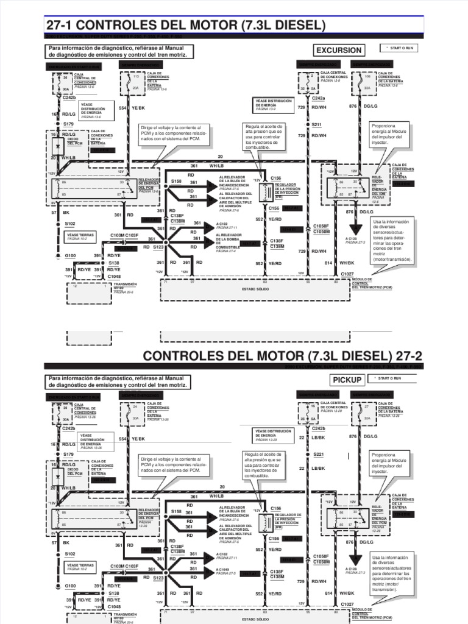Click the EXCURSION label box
tap(338, 50)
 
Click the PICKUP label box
tap(347, 380)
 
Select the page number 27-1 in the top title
tap(60, 25)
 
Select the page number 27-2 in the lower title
tap(406, 355)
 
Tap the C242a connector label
tap(319, 98)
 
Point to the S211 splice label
tap(316, 124)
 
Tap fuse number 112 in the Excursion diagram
tap(136, 77)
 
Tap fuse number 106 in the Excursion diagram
tap(367, 77)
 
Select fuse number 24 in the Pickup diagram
tap(135, 406)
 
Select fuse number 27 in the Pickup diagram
tap(367, 406)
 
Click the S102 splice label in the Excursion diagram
tap(70, 224)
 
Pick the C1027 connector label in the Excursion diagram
tap(347, 275)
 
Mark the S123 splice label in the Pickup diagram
tap(158, 576)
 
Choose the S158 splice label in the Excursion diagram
tap(176, 181)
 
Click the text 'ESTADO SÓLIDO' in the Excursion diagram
tap(255, 289)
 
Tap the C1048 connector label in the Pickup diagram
tap(114, 607)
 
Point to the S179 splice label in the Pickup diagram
tap(68, 454)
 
